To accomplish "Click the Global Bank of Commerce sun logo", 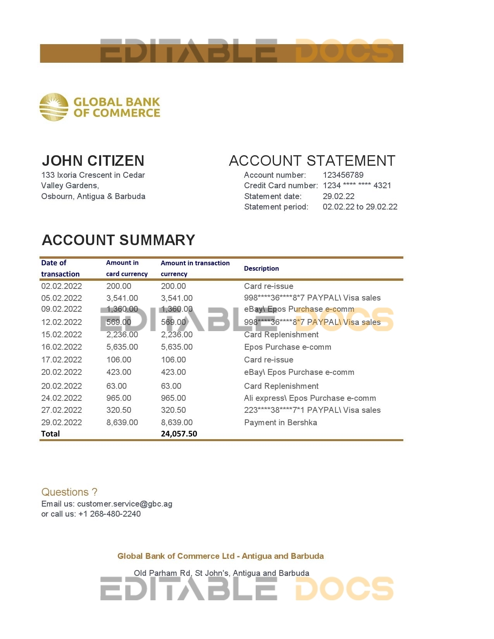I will click(x=54, y=107).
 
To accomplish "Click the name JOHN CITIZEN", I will click(x=93, y=161).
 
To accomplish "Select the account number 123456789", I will click(x=343, y=175).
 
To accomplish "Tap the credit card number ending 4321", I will click(x=357, y=186).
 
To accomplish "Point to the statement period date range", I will click(x=360, y=207).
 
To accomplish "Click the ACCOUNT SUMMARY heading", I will click(x=118, y=240).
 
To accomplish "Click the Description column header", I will click(x=261, y=268).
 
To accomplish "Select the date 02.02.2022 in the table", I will click(x=62, y=286).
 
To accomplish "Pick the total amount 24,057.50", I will click(x=179, y=434).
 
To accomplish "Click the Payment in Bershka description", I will click(x=281, y=423).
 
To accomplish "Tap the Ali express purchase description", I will click(x=310, y=398).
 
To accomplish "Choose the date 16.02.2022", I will click(x=62, y=347).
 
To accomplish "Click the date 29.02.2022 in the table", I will click(x=62, y=423).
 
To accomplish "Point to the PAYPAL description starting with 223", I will click(x=312, y=410).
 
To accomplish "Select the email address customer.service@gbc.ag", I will click(x=125, y=504).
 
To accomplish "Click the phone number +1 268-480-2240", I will click(x=110, y=514).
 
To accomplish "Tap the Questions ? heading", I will click(x=69, y=492).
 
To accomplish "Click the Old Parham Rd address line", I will click(x=221, y=573).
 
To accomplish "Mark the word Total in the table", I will click(x=50, y=434).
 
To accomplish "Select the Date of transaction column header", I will click(x=60, y=268).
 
